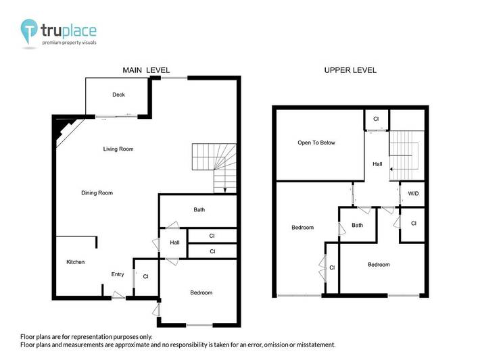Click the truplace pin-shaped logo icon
(x=29, y=30)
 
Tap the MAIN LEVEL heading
(x=146, y=70)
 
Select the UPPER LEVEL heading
(x=350, y=70)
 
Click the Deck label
(x=118, y=95)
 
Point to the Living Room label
(x=118, y=149)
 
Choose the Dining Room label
(x=97, y=192)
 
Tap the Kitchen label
(x=75, y=262)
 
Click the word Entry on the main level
(x=118, y=274)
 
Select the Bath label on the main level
(x=199, y=209)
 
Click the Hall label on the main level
(x=174, y=242)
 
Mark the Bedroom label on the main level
(x=201, y=292)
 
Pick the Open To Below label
(x=316, y=143)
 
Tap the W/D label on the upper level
(x=413, y=194)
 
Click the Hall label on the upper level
(x=377, y=164)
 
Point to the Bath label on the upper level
(x=357, y=225)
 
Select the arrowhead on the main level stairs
(x=225, y=190)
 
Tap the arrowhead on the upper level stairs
(x=391, y=169)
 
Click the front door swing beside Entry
(x=118, y=295)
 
